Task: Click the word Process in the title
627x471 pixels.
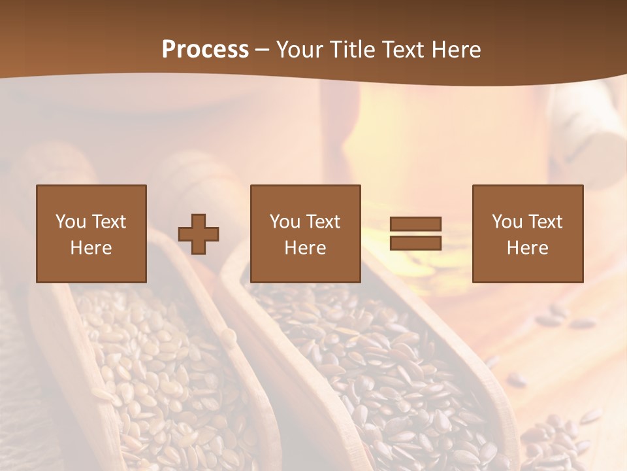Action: coord(205,50)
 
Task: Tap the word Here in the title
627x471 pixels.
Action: coord(456,50)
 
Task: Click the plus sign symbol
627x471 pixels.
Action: coord(199,234)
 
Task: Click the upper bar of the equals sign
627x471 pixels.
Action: coord(415,224)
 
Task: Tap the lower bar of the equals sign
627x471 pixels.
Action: coord(415,243)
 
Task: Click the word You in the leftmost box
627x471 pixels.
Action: coord(71,222)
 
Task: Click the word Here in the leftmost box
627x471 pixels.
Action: coord(91,248)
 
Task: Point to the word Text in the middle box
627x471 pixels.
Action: coord(323,222)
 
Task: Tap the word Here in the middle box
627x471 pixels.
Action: coord(305,248)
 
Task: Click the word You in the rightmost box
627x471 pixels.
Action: coord(507,222)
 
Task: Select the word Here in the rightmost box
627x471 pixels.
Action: coord(527,248)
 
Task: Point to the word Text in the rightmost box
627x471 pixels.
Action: coord(545,222)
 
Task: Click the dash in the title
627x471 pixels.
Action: coord(263,50)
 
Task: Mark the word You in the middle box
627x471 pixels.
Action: coord(285,222)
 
